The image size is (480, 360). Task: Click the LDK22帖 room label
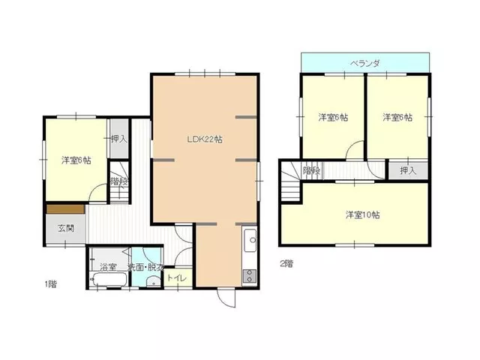(x=205, y=139)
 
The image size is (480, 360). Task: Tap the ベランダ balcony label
(x=365, y=63)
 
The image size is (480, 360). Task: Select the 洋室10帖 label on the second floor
(x=363, y=215)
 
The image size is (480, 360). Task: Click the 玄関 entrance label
(x=66, y=228)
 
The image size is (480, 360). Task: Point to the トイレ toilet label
(x=177, y=278)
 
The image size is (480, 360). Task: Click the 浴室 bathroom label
(x=108, y=267)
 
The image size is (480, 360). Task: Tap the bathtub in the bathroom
(x=109, y=279)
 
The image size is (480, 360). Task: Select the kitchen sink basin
(x=250, y=240)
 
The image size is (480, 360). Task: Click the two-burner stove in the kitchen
(x=250, y=277)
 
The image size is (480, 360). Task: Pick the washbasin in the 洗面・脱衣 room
(x=151, y=282)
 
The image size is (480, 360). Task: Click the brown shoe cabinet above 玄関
(x=65, y=209)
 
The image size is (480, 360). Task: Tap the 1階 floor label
(x=50, y=284)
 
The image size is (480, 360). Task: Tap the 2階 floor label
(x=286, y=263)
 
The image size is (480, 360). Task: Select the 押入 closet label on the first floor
(x=118, y=139)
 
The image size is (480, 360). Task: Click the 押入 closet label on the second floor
(x=408, y=170)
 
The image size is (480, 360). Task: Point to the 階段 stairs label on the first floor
(x=118, y=181)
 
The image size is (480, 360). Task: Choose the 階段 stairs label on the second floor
(x=312, y=170)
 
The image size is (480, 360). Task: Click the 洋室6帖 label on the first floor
(x=76, y=160)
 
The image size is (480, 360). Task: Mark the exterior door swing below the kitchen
(x=226, y=298)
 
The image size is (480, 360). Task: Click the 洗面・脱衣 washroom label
(x=145, y=267)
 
